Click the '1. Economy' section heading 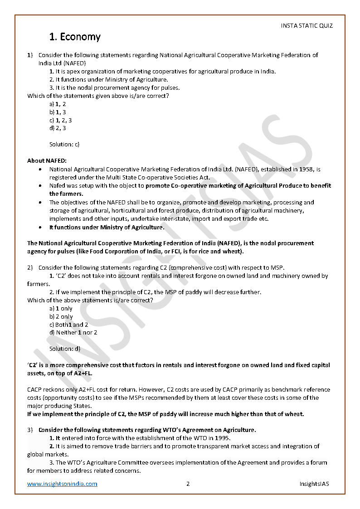tap(75, 37)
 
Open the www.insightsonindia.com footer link tap(62, 484)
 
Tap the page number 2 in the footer tap(188, 484)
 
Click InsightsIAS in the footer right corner tap(314, 484)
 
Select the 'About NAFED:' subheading tap(47, 160)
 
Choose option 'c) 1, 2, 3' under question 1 tap(60, 120)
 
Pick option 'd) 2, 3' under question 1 tap(58, 128)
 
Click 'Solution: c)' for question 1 tap(64, 145)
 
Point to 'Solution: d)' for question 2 tap(64, 349)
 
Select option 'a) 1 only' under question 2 tap(61, 308)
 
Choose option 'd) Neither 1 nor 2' tap(73, 332)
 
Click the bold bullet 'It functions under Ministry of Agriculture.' tap(107, 227)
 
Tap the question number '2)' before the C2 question tap(30, 267)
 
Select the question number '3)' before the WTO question tap(30, 430)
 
